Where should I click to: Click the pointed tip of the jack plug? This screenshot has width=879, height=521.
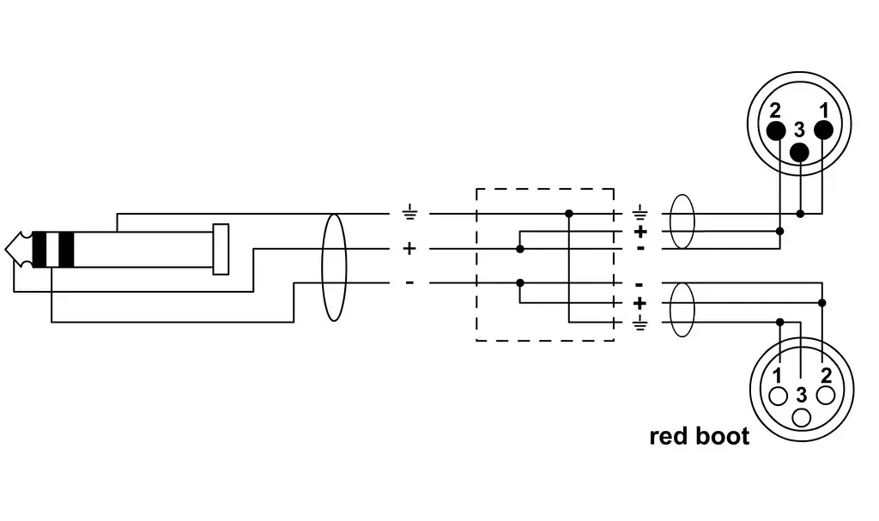[6, 249]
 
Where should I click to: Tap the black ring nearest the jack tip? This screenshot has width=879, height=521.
[39, 249]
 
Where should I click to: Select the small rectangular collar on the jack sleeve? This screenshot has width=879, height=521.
[221, 249]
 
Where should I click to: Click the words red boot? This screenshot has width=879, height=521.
[699, 436]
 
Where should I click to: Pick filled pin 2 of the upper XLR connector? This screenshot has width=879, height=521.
[776, 130]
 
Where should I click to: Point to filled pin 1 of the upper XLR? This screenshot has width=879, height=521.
[823, 130]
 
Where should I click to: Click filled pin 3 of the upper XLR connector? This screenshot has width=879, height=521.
[799, 152]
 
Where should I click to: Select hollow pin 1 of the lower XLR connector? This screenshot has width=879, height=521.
[778, 396]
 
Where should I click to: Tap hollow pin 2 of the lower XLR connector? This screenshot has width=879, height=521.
[826, 396]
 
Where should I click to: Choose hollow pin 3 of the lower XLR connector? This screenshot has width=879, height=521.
[802, 418]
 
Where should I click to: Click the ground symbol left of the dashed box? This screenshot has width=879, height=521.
[409, 213]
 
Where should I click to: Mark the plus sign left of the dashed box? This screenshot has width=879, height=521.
[409, 248]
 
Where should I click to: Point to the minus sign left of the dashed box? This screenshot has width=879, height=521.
[409, 282]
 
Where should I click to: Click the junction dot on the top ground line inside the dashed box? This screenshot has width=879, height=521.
[569, 214]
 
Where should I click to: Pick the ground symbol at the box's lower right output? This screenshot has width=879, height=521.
[640, 324]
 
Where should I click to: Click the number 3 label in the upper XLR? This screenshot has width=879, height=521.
[799, 130]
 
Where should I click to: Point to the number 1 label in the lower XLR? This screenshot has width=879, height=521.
[778, 376]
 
